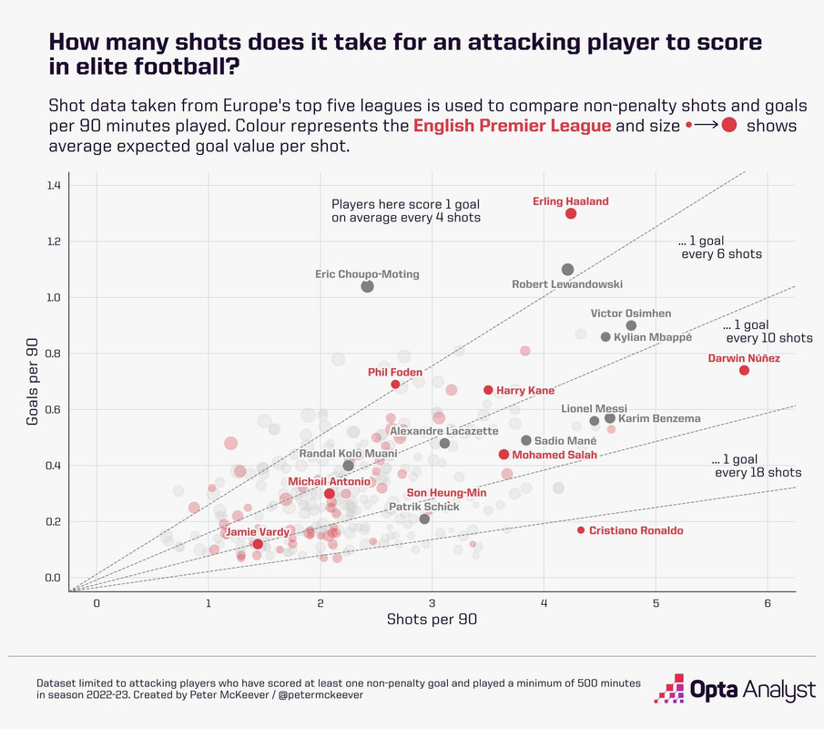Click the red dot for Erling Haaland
(571, 213)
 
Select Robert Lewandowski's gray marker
(568, 270)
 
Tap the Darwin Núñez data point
(744, 370)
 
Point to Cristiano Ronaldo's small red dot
(581, 530)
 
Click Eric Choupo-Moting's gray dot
(368, 286)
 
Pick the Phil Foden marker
(395, 385)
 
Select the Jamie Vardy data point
(258, 544)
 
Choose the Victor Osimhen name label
(631, 313)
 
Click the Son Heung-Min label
(446, 493)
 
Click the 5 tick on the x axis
(656, 602)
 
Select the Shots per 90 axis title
(432, 620)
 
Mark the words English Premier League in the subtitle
(512, 126)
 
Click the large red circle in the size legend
(729, 126)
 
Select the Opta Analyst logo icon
(673, 689)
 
